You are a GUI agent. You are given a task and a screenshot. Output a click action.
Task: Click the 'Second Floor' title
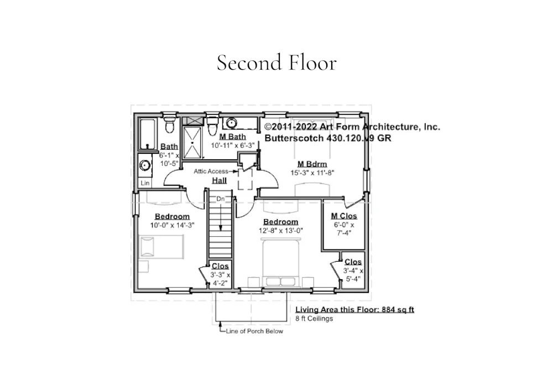[276, 62]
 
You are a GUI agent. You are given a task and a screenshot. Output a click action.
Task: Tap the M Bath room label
[232, 137]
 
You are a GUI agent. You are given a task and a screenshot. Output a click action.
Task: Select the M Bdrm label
[312, 164]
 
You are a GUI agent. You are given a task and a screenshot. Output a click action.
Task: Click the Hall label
[220, 180]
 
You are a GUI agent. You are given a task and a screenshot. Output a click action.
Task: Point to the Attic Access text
[211, 171]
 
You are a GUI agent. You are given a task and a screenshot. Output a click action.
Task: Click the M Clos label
[344, 216]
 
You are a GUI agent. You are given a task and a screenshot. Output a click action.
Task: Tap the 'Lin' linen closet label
[145, 183]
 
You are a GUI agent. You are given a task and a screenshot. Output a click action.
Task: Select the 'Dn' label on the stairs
[221, 199]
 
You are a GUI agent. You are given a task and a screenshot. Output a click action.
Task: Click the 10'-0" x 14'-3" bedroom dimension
[172, 225]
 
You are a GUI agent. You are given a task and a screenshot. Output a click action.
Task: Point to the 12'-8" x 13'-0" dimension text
[281, 231]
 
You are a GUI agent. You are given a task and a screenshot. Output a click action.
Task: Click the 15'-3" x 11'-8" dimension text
[312, 173]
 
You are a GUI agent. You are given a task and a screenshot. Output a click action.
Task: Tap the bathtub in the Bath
[148, 134]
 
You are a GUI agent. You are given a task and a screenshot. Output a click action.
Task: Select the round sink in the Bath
[144, 165]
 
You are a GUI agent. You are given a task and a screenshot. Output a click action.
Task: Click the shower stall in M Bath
[192, 143]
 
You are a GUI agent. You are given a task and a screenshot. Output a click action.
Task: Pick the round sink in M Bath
[231, 123]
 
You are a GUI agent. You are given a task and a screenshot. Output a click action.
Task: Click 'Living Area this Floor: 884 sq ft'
[354, 310]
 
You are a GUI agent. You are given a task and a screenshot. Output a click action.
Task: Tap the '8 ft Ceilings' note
[314, 319]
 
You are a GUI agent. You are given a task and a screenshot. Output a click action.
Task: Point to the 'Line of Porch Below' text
[254, 331]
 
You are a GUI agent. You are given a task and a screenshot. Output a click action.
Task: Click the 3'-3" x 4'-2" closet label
[220, 279]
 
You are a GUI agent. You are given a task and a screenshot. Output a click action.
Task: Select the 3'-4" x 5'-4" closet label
[353, 275]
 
